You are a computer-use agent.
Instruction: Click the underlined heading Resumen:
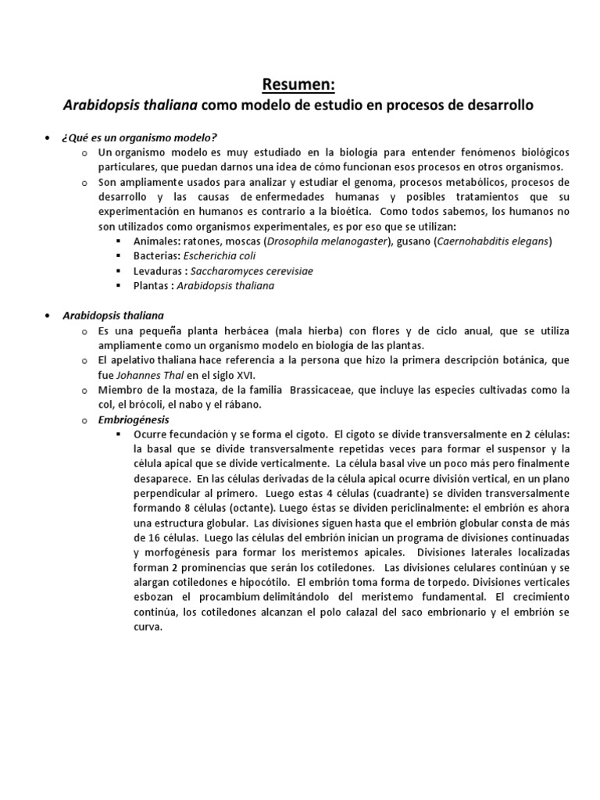299,84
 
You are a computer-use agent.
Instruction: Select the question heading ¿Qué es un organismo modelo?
127,137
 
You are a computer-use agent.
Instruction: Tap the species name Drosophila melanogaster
327,241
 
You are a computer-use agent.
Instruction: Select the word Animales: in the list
158,241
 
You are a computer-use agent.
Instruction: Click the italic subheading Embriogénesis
127,419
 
